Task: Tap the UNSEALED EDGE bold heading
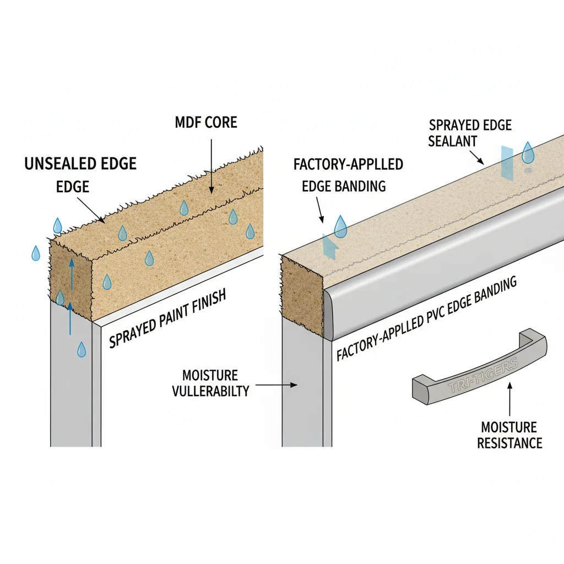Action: point(80,163)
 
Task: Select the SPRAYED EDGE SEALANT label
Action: point(469,133)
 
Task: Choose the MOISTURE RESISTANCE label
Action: point(509,435)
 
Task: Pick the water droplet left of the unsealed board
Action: point(36,253)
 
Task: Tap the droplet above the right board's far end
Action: point(528,153)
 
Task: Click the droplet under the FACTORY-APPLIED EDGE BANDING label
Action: point(341,227)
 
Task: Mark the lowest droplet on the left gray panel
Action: point(81,349)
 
